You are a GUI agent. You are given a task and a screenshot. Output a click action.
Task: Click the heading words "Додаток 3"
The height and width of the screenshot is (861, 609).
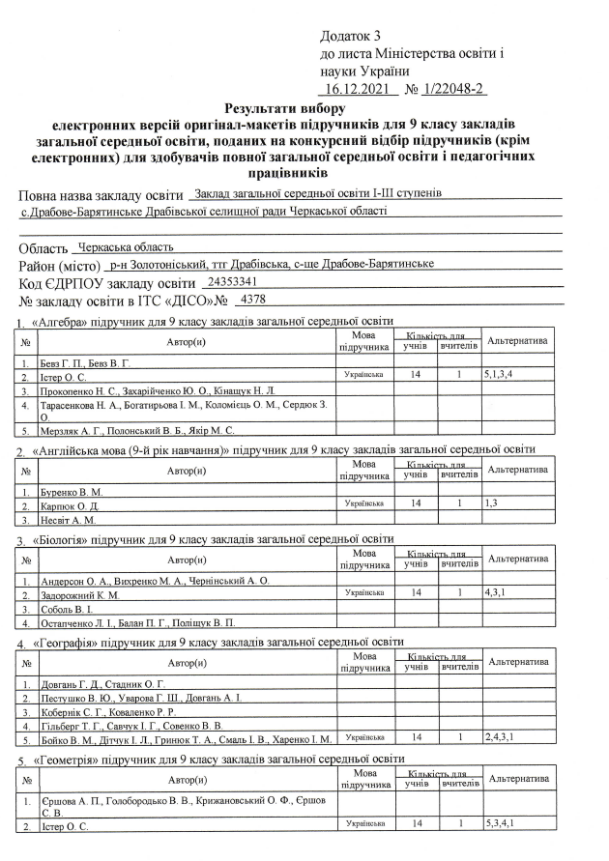(352, 35)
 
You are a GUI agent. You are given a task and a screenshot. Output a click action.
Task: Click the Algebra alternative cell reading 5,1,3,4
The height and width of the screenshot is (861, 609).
(499, 373)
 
